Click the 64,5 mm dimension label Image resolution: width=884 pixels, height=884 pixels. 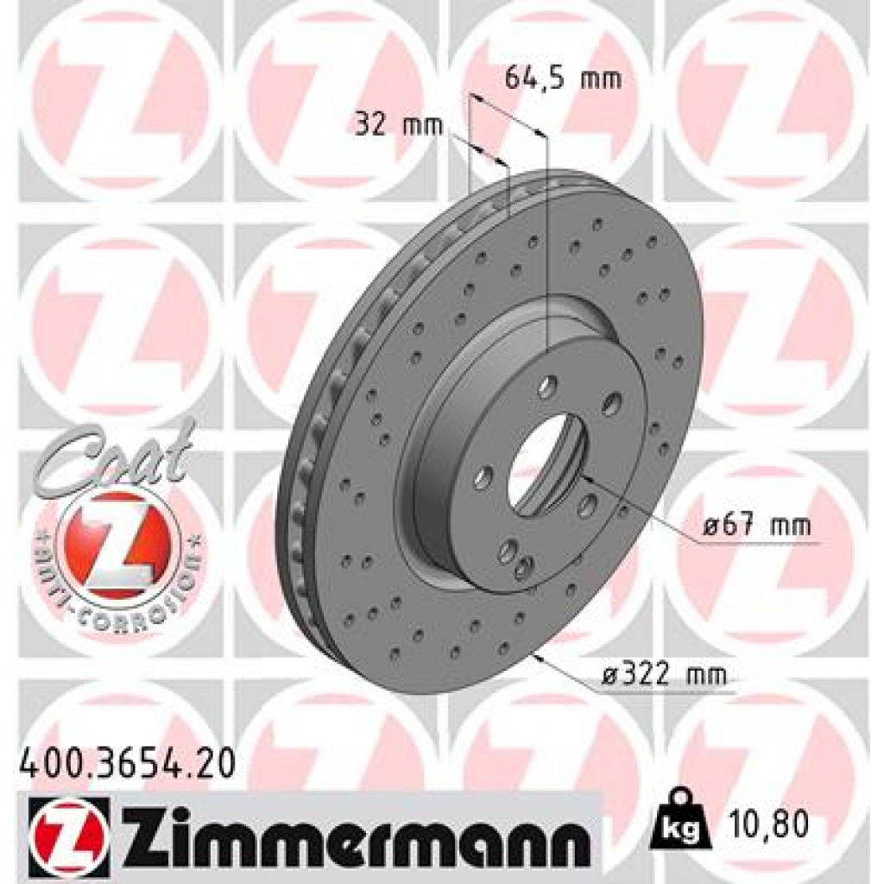point(562,80)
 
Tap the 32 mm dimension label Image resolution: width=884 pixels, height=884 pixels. point(399,126)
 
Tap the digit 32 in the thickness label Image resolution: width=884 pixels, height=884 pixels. point(370,126)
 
